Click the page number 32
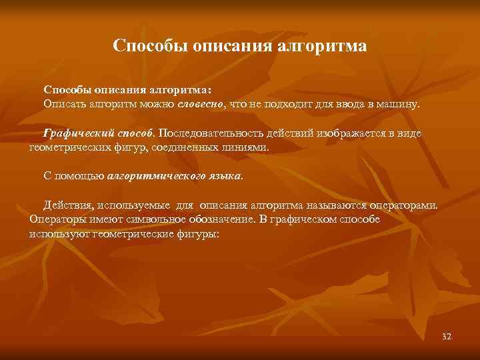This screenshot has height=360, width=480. click(447, 337)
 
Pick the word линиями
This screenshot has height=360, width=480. click(248, 147)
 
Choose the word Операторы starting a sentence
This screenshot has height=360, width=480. click(55, 220)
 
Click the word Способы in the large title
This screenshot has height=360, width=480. click(150, 46)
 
